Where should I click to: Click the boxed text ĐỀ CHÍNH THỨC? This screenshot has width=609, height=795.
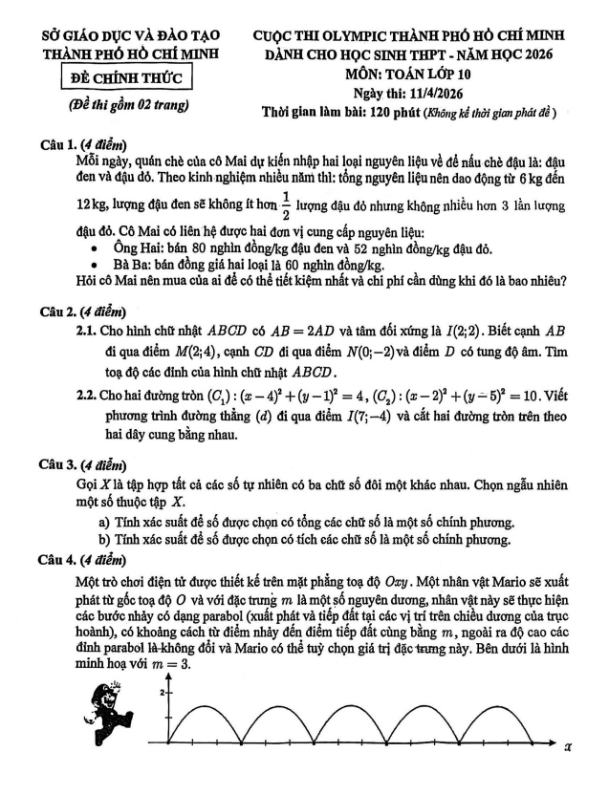(x=124, y=76)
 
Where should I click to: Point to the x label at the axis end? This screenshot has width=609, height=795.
(x=566, y=748)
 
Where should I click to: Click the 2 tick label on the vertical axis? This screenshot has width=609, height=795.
(x=163, y=692)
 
